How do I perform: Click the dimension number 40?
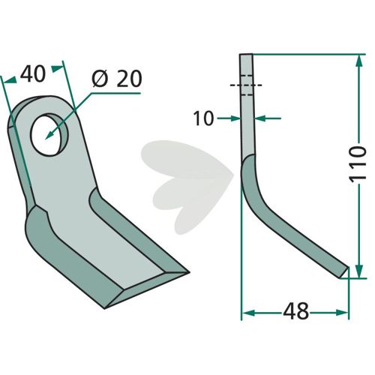click(33, 74)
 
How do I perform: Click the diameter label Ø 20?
click(117, 79)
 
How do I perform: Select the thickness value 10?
click(203, 118)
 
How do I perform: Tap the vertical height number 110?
click(358, 164)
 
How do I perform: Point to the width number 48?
click(296, 311)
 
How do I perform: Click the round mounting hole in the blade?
click(49, 134)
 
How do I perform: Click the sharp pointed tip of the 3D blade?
click(188, 272)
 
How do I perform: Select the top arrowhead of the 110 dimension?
click(359, 61)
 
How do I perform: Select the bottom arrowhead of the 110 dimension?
click(359, 271)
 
